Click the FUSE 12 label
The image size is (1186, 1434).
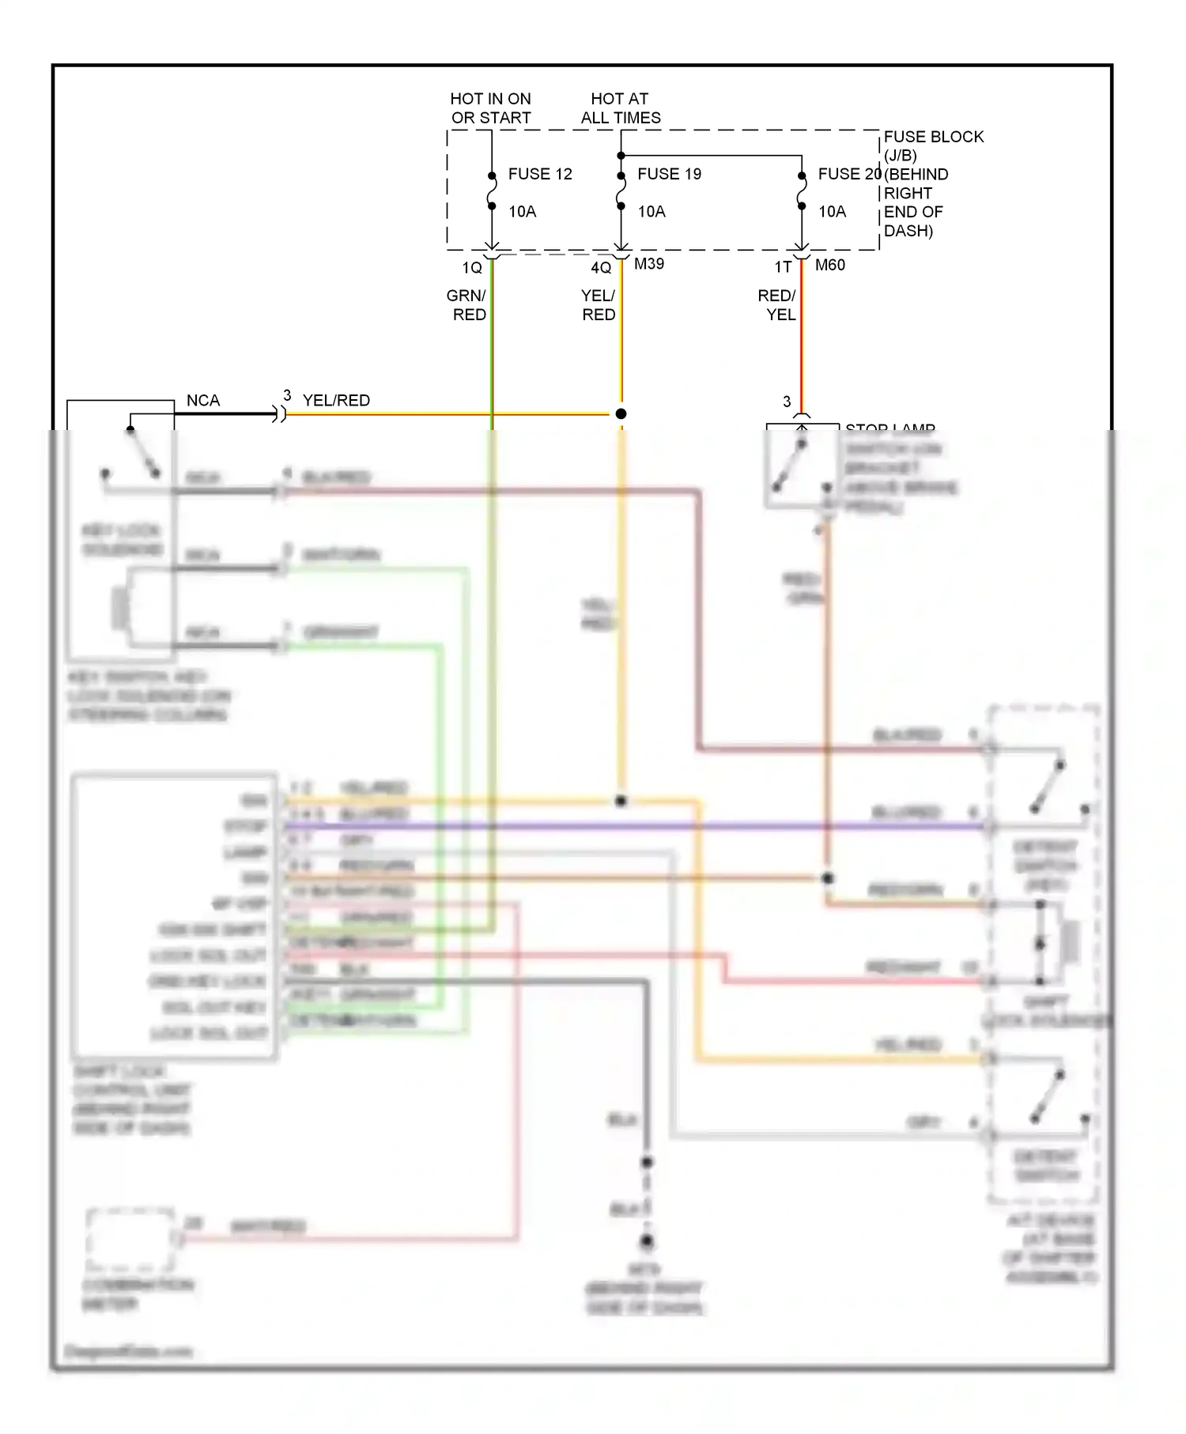pos(540,174)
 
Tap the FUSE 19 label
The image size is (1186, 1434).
pos(669,174)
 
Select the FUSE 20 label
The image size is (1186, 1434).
pos(849,174)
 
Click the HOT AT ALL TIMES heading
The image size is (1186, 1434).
pos(621,108)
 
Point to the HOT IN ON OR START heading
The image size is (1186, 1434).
pos(490,108)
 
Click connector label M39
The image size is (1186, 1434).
pos(649,264)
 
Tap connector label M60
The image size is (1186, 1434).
pos(830,265)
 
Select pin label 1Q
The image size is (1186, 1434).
pos(472,268)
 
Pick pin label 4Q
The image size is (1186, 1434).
pos(601,268)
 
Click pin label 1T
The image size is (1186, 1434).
pos(783,267)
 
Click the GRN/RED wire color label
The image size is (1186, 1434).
pos(467,305)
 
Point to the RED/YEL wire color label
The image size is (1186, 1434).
pos(777,305)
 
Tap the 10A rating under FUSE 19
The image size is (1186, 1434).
pos(652,211)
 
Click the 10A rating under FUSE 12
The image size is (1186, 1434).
pos(522,211)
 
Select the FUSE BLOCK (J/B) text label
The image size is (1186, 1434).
pos(933,145)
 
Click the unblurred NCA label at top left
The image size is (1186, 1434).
pos(203,401)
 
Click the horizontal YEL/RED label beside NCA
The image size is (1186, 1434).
pos(336,401)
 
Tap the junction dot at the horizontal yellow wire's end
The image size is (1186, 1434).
pos(621,413)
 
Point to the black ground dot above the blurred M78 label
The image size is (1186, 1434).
pos(648,1242)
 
